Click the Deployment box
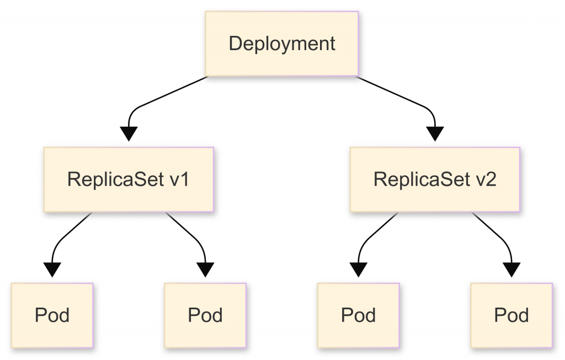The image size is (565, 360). point(282,44)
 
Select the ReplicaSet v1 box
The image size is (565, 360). point(129,180)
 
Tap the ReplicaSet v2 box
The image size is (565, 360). point(435,180)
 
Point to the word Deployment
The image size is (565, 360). point(282,44)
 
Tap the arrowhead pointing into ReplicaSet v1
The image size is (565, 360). point(129,134)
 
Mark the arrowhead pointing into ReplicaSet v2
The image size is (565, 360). point(435,134)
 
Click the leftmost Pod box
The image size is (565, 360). point(52,315)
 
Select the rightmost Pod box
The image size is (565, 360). point(511,315)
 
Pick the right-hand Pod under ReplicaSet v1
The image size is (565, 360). point(205,315)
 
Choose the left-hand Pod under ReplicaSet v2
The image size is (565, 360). point(358,315)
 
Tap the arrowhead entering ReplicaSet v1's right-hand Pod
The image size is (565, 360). point(205,270)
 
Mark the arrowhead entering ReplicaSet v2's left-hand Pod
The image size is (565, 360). point(358,270)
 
